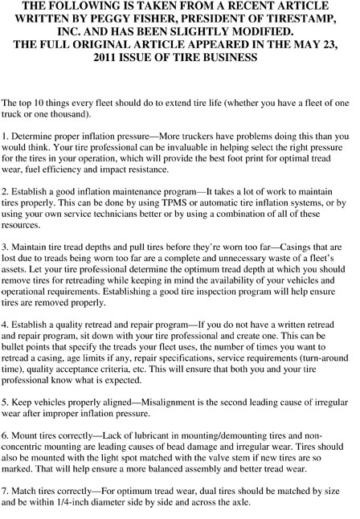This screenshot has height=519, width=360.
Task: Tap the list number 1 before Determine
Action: point(5,137)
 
